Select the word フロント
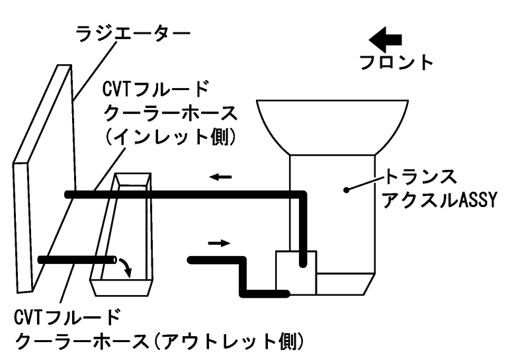pos(396,64)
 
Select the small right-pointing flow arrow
pos(218,243)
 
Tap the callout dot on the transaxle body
pos(345,190)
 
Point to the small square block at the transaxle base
pos(294,272)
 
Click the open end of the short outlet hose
pos(114,259)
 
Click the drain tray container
pos(123,238)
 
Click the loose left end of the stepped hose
pos(192,259)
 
